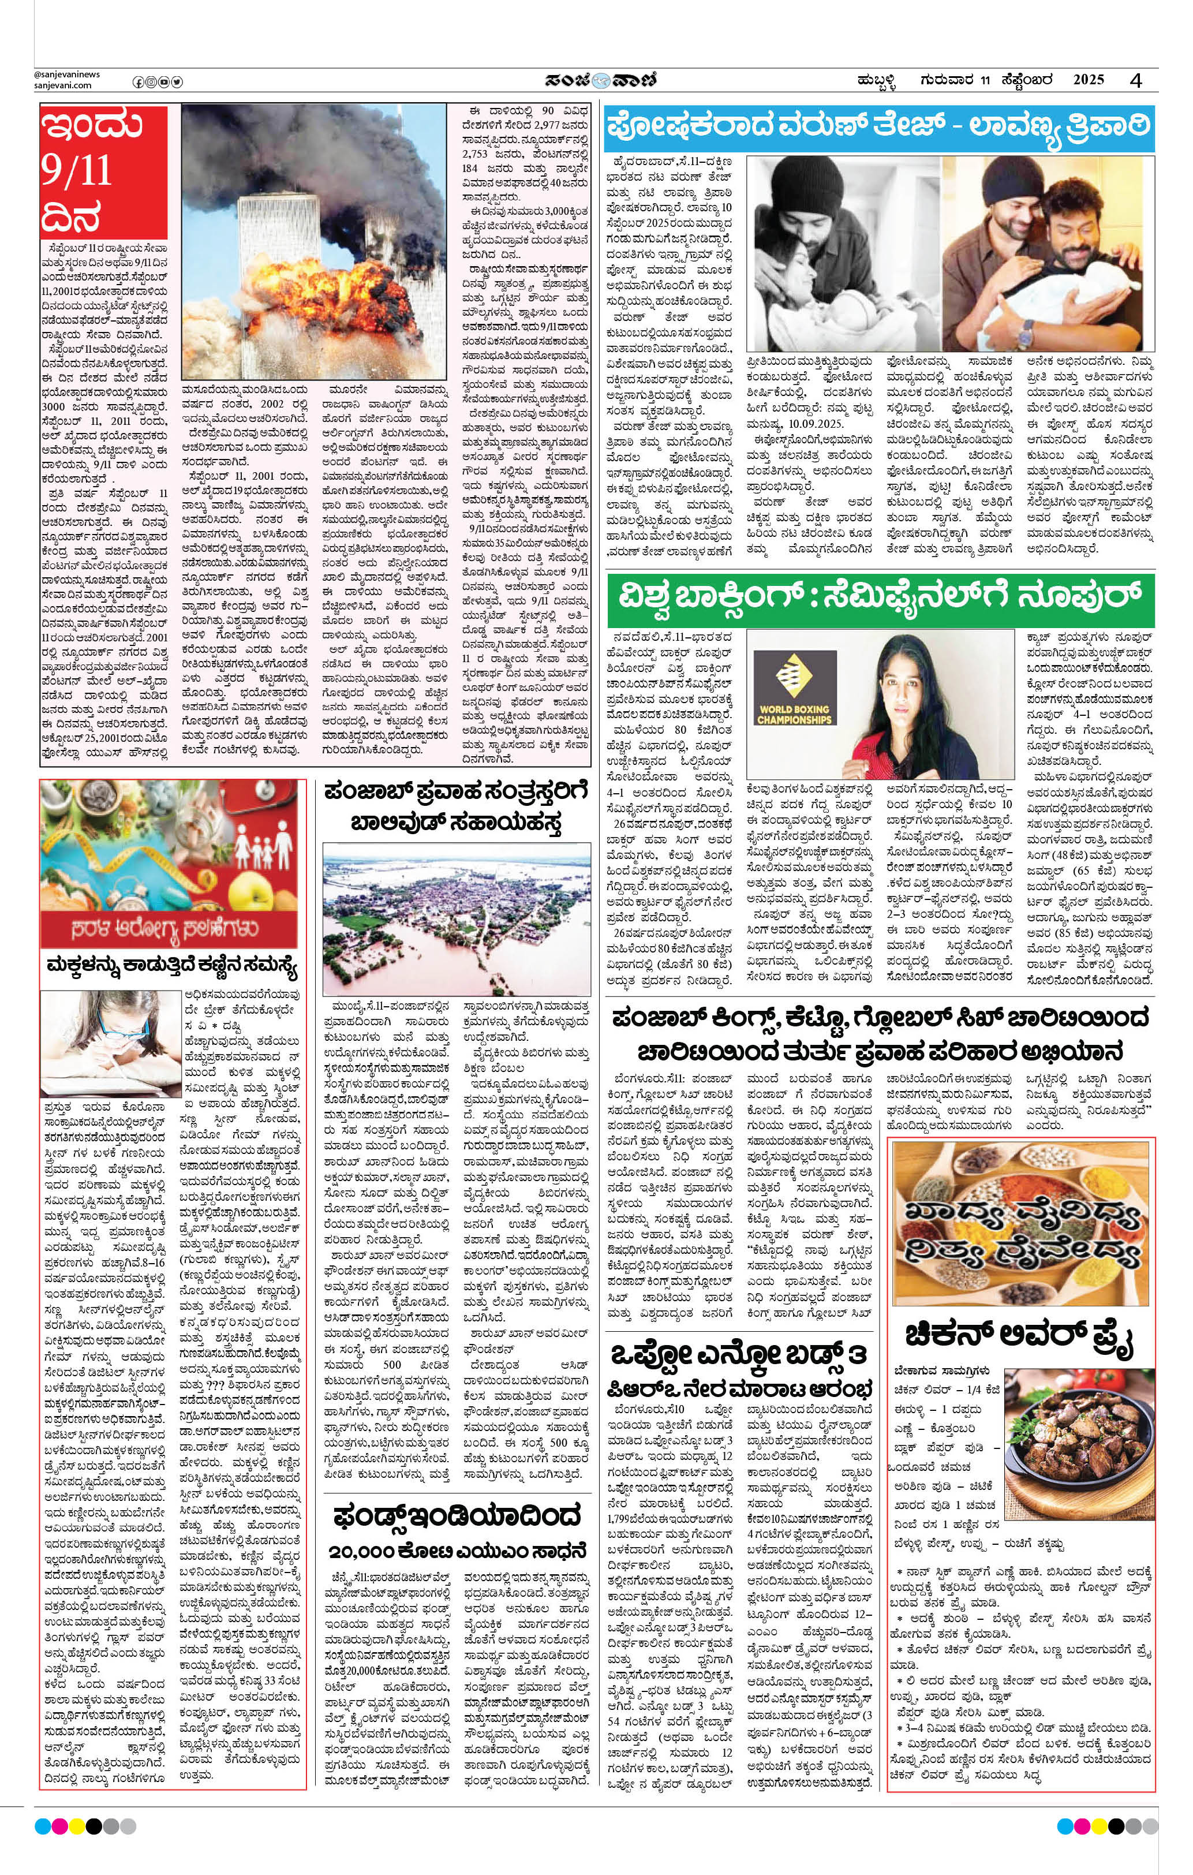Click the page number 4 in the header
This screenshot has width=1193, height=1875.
tap(1137, 80)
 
